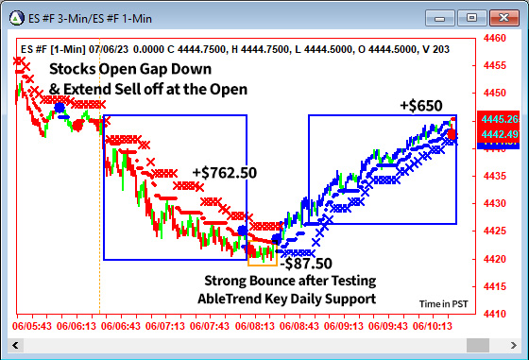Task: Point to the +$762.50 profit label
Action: [x=224, y=173]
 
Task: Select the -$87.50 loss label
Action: [x=306, y=264]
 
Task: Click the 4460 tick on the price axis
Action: [x=493, y=39]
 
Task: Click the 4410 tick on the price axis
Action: [x=493, y=314]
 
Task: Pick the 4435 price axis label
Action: [x=493, y=176]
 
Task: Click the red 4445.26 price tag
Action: [x=499, y=120]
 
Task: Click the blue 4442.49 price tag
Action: [x=499, y=135]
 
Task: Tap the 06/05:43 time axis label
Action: [x=31, y=326]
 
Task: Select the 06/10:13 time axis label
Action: [x=432, y=326]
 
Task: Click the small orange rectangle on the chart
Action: [x=262, y=256]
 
